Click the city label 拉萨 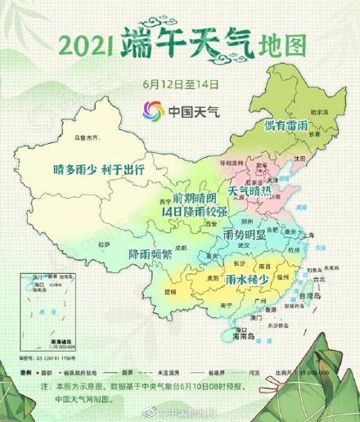[x=103, y=243]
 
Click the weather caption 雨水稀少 [x=247, y=280]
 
